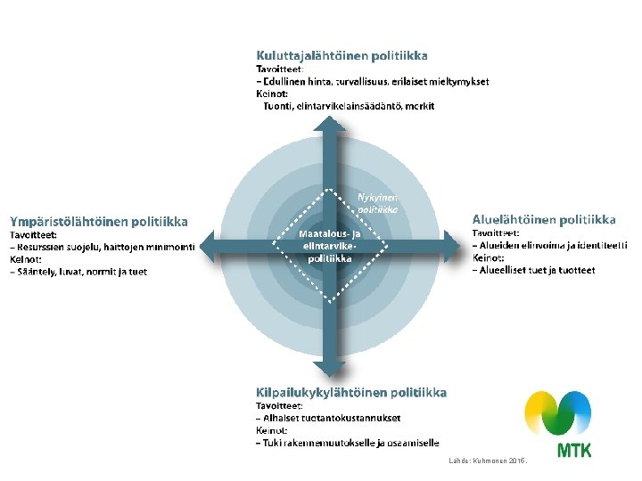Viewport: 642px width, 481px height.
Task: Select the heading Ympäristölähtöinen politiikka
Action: (x=99, y=220)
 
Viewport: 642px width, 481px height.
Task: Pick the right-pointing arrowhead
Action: (x=455, y=240)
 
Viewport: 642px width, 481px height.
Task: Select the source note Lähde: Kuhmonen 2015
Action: (x=490, y=461)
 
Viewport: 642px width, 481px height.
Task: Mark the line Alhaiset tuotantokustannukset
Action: (x=329, y=417)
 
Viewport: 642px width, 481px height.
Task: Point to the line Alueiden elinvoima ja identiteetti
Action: (x=549, y=245)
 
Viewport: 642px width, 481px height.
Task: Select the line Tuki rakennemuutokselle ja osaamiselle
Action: (x=347, y=443)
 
